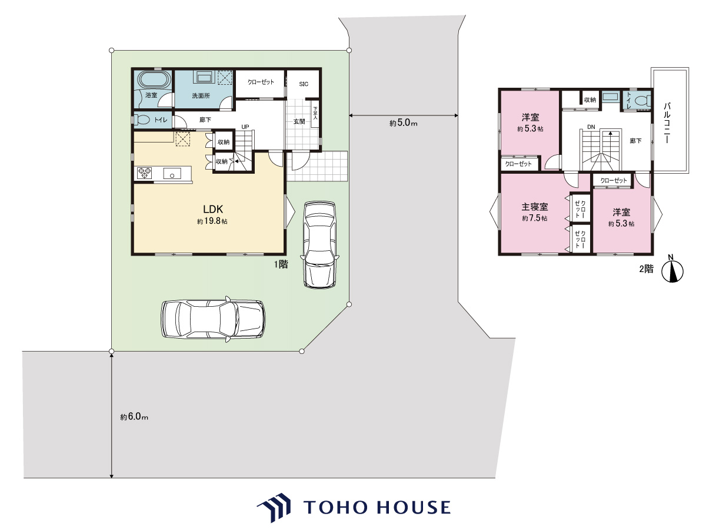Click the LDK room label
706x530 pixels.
point(213,209)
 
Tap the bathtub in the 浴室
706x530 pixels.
point(154,79)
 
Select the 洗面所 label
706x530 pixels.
point(201,95)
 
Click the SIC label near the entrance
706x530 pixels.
point(304,84)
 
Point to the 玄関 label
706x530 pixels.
point(299,122)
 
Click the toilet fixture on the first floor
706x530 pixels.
point(142,120)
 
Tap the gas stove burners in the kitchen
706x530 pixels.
point(144,173)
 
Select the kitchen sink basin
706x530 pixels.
point(172,174)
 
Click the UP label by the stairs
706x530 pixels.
point(245,127)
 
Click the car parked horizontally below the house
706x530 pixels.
point(213,319)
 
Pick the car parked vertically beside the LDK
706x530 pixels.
point(319,244)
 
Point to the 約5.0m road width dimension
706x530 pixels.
point(404,122)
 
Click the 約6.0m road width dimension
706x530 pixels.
point(134,417)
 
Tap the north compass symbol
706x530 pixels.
point(672,270)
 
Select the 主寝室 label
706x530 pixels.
point(535,207)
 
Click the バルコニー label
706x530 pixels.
point(667,122)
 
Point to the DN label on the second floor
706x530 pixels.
point(591,127)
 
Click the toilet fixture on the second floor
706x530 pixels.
point(642,101)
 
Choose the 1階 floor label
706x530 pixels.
point(281,264)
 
